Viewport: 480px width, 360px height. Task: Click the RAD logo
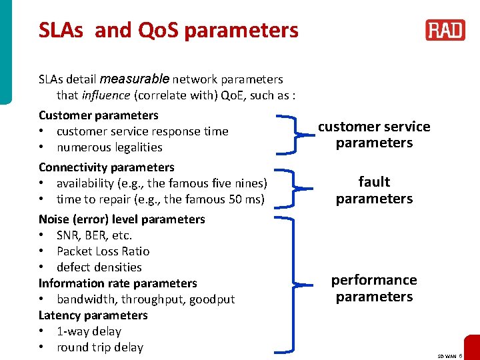tap(445, 31)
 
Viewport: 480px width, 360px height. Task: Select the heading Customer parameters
tap(99, 115)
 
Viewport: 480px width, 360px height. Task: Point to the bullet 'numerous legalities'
tap(109, 147)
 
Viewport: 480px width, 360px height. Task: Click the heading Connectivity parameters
tap(107, 167)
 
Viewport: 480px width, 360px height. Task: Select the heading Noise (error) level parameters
tap(122, 219)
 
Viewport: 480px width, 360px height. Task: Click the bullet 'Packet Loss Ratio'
tap(103, 251)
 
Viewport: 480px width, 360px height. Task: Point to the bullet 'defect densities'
tap(99, 267)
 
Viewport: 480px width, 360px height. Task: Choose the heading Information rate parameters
tap(118, 283)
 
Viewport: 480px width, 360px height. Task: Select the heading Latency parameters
tap(93, 315)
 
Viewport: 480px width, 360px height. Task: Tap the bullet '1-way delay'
tap(89, 331)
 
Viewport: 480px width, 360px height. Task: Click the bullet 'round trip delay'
tap(100, 347)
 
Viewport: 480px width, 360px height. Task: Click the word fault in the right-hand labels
tap(374, 182)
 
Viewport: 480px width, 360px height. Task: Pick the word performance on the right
tap(374, 280)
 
